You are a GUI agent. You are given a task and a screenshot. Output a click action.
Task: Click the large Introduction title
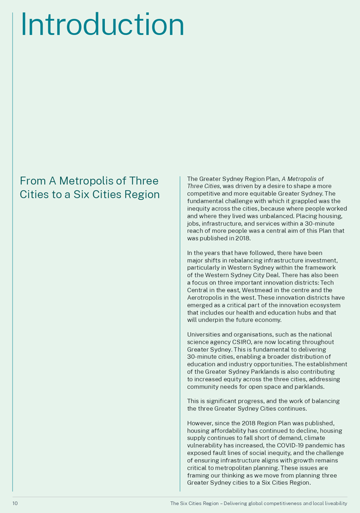102,24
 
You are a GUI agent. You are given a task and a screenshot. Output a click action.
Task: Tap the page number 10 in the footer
15,504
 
